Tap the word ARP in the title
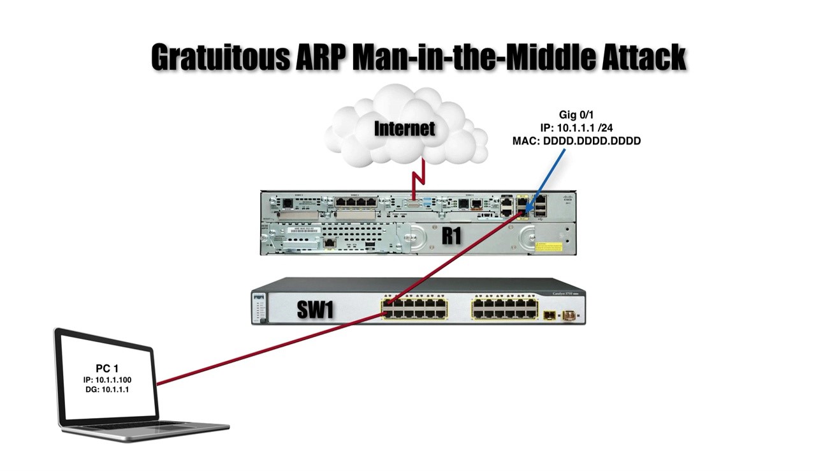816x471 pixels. coord(323,57)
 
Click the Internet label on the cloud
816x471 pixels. coord(404,128)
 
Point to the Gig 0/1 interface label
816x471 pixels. coord(576,116)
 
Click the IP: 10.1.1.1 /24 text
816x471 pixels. coord(576,128)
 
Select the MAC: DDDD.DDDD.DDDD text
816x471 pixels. coord(576,141)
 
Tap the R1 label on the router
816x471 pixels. coord(451,236)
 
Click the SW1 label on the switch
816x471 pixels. coord(315,310)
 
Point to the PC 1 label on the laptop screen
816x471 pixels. coord(107,368)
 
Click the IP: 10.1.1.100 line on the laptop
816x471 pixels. coord(107,380)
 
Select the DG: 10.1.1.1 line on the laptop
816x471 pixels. coord(107,389)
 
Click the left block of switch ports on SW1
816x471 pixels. coord(414,309)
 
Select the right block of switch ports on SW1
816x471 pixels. coord(504,309)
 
